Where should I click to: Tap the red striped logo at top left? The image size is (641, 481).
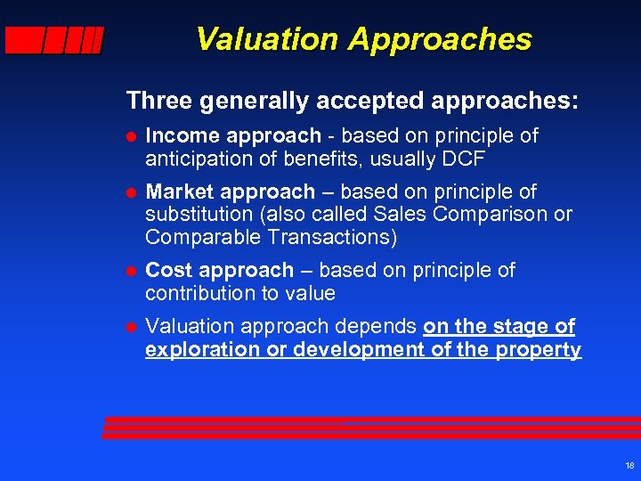coord(53,41)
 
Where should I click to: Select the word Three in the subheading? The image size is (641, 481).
coord(160,100)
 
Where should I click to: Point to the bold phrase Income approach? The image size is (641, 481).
coord(232,136)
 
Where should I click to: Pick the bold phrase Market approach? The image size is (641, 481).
coord(230,192)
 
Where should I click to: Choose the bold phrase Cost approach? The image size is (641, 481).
coord(219,270)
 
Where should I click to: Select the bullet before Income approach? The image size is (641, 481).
coord(130,137)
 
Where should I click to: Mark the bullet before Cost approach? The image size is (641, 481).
coord(130,271)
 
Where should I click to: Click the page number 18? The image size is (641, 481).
coord(629,466)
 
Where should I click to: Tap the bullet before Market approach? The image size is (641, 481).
coord(130,193)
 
